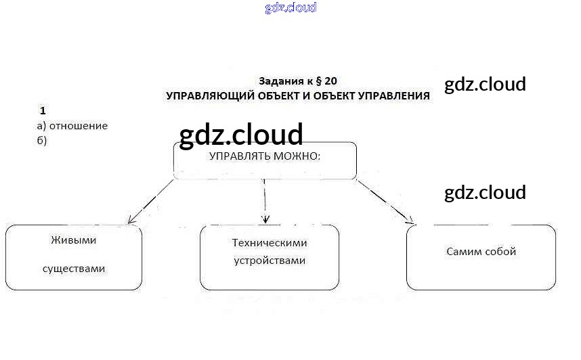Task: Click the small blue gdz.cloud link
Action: point(290,8)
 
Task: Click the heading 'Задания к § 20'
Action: point(298,81)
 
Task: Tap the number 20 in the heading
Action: point(330,81)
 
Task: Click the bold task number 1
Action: point(43,110)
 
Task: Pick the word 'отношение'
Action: point(79,126)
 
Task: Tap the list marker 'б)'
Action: point(41,140)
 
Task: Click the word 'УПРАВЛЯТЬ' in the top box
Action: point(237,156)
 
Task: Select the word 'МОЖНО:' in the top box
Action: point(295,156)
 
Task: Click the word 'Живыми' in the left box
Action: point(73,240)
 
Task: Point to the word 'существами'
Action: point(74,269)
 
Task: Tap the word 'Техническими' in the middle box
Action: point(270,242)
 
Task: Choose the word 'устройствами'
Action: point(270,261)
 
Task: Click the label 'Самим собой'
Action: point(481,252)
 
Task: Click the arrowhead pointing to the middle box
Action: point(265,219)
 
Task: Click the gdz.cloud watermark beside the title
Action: point(485,85)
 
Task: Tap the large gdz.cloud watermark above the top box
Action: point(241,135)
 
